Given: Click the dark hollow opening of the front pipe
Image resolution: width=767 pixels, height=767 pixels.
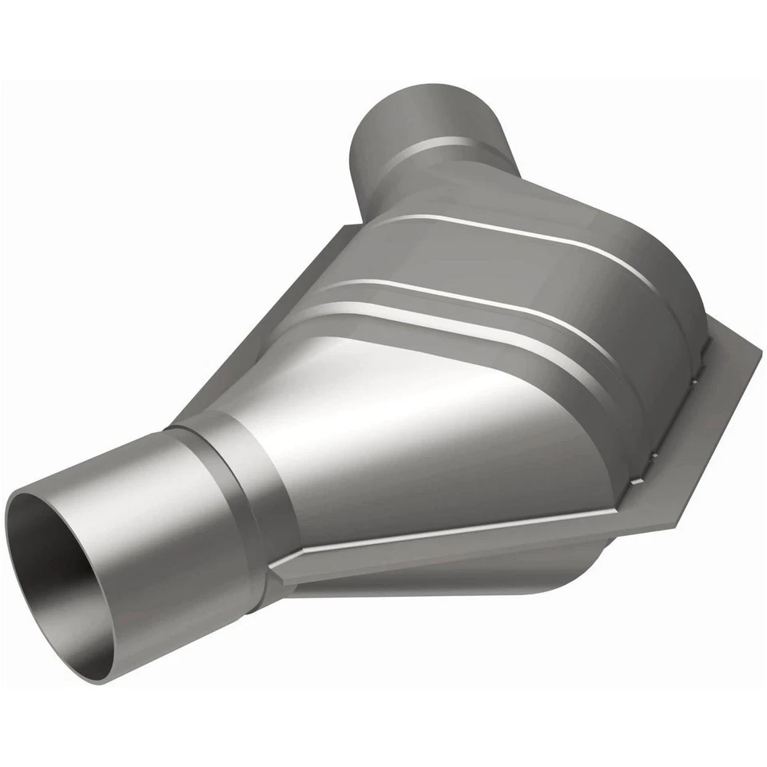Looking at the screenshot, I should click(x=60, y=575).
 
